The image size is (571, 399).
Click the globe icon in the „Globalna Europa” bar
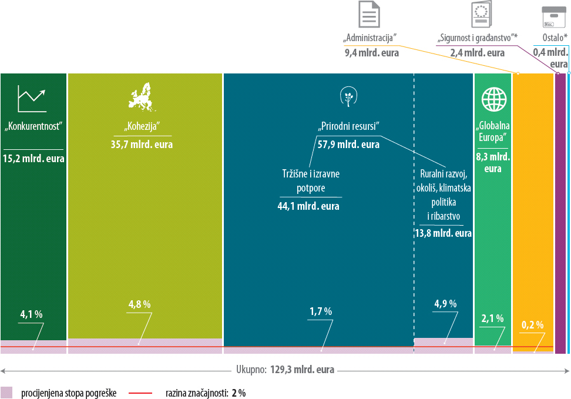tap(493, 99)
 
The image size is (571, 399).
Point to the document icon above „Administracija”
tap(370, 14)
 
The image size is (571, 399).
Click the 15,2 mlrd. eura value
tap(33, 159)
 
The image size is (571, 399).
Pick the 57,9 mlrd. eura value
tap(348, 145)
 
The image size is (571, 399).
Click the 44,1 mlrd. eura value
tap(308, 206)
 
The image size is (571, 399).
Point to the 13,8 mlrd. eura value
tap(443, 233)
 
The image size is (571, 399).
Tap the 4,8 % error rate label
tap(139, 304)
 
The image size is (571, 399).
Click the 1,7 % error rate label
tap(320, 311)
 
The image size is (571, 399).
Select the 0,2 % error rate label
tap(532, 325)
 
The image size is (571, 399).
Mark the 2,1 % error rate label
tap(492, 318)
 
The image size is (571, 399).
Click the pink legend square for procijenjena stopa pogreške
tap(6, 393)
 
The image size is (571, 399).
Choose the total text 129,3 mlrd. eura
tap(302, 370)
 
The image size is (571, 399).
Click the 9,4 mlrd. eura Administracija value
tap(371, 53)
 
